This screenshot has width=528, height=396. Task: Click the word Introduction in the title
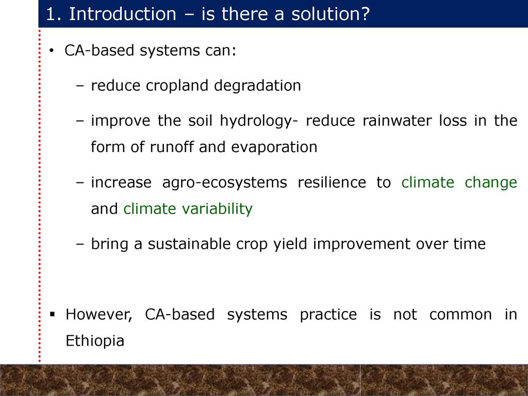(123, 14)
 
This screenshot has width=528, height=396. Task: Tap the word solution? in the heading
(331, 14)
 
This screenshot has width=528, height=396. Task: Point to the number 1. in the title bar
(54, 14)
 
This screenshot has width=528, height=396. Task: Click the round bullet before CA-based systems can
(51, 51)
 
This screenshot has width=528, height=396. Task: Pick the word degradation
(258, 85)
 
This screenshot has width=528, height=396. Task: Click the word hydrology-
(259, 121)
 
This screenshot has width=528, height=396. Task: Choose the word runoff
(171, 147)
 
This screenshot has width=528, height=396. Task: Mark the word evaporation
(274, 147)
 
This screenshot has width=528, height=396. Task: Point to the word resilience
(332, 182)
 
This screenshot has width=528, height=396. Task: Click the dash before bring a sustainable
(80, 244)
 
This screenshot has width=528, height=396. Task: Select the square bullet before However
(52, 315)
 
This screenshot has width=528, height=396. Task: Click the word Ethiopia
(95, 341)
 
